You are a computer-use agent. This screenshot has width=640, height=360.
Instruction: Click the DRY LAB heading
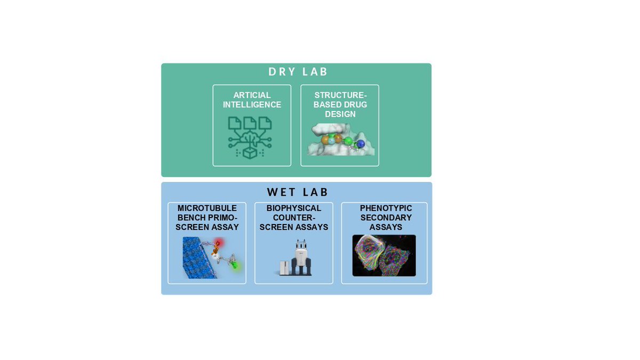pos(298,72)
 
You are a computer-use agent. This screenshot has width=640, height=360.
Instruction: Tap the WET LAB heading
pos(298,192)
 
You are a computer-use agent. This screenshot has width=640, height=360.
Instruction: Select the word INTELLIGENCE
pos(252,105)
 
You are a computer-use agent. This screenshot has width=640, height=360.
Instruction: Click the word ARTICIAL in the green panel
pos(252,95)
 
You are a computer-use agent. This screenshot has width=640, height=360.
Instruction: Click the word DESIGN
pos(340,115)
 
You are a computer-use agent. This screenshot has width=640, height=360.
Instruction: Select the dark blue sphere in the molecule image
pos(361,143)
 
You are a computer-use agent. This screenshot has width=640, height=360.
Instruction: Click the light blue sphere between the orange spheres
pos(331,140)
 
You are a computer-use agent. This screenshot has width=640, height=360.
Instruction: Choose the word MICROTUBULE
pos(207,208)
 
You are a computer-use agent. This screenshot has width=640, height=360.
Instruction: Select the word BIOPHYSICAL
pos(294,208)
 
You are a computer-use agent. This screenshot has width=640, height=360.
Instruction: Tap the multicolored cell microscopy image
pos(384,255)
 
